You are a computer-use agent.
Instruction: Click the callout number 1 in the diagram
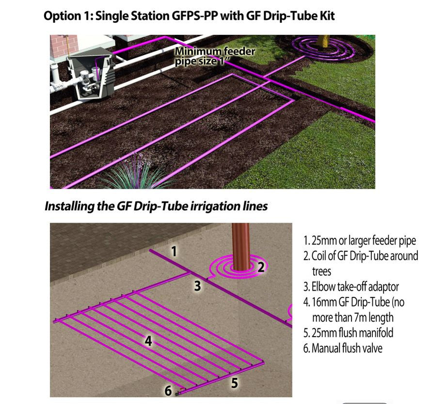[174, 251]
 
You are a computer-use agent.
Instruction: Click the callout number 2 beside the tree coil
[261, 266]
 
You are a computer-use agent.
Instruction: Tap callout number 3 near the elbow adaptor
[197, 286]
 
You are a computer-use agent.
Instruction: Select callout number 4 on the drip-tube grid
[149, 341]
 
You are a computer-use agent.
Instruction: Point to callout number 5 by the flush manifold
[234, 383]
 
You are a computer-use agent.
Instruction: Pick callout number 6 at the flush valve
[168, 390]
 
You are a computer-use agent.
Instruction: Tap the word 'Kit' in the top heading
[325, 16]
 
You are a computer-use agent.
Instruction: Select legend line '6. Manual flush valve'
[343, 348]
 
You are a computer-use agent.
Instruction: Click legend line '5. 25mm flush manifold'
[348, 333]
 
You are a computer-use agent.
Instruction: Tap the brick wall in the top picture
[64, 46]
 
